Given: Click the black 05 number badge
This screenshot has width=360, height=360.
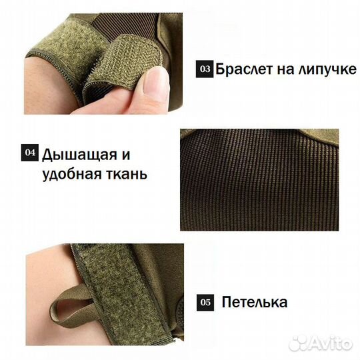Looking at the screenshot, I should (x=205, y=302).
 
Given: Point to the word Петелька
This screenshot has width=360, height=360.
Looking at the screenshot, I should (x=255, y=302).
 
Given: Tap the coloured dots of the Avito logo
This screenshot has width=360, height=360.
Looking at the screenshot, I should (x=297, y=343).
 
